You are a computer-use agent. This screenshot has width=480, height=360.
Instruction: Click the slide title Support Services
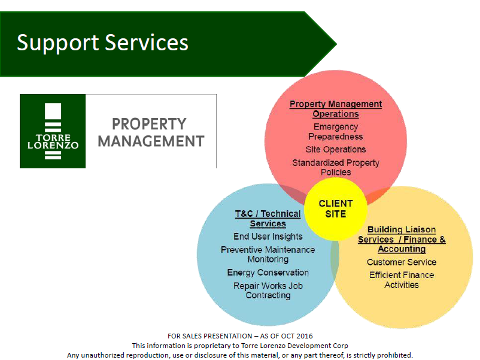coord(102,43)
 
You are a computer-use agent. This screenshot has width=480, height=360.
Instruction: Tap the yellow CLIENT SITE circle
coord(336,209)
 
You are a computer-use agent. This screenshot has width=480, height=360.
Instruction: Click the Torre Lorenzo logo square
coord(53,131)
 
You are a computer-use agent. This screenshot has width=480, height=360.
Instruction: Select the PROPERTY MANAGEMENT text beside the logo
coord(150,132)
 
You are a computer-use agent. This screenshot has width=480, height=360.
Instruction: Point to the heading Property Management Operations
coord(336,109)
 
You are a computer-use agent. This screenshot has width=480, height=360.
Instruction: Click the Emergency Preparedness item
coord(336,131)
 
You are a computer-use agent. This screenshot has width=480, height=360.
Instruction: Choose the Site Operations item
coord(336,149)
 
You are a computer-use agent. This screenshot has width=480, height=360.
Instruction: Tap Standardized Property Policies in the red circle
coord(336,167)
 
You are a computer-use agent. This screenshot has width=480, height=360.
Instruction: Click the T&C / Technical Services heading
coord(268,219)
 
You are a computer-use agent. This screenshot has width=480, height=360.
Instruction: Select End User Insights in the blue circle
coord(268,236)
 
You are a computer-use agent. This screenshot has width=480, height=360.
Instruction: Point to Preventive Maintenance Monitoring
coord(268,255)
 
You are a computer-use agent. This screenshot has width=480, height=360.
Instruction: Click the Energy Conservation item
coord(268,273)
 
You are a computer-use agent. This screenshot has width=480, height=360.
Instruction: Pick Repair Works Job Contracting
coord(268,291)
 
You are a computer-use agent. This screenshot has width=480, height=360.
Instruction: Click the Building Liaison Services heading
coord(402,239)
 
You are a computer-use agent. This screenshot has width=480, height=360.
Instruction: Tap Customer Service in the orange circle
coord(402,262)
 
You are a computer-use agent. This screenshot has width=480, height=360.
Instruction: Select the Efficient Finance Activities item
coord(402,280)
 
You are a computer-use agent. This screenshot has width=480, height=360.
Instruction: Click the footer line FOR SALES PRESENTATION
coord(240,336)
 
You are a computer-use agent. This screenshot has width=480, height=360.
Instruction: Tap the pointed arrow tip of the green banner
coord(336,44)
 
